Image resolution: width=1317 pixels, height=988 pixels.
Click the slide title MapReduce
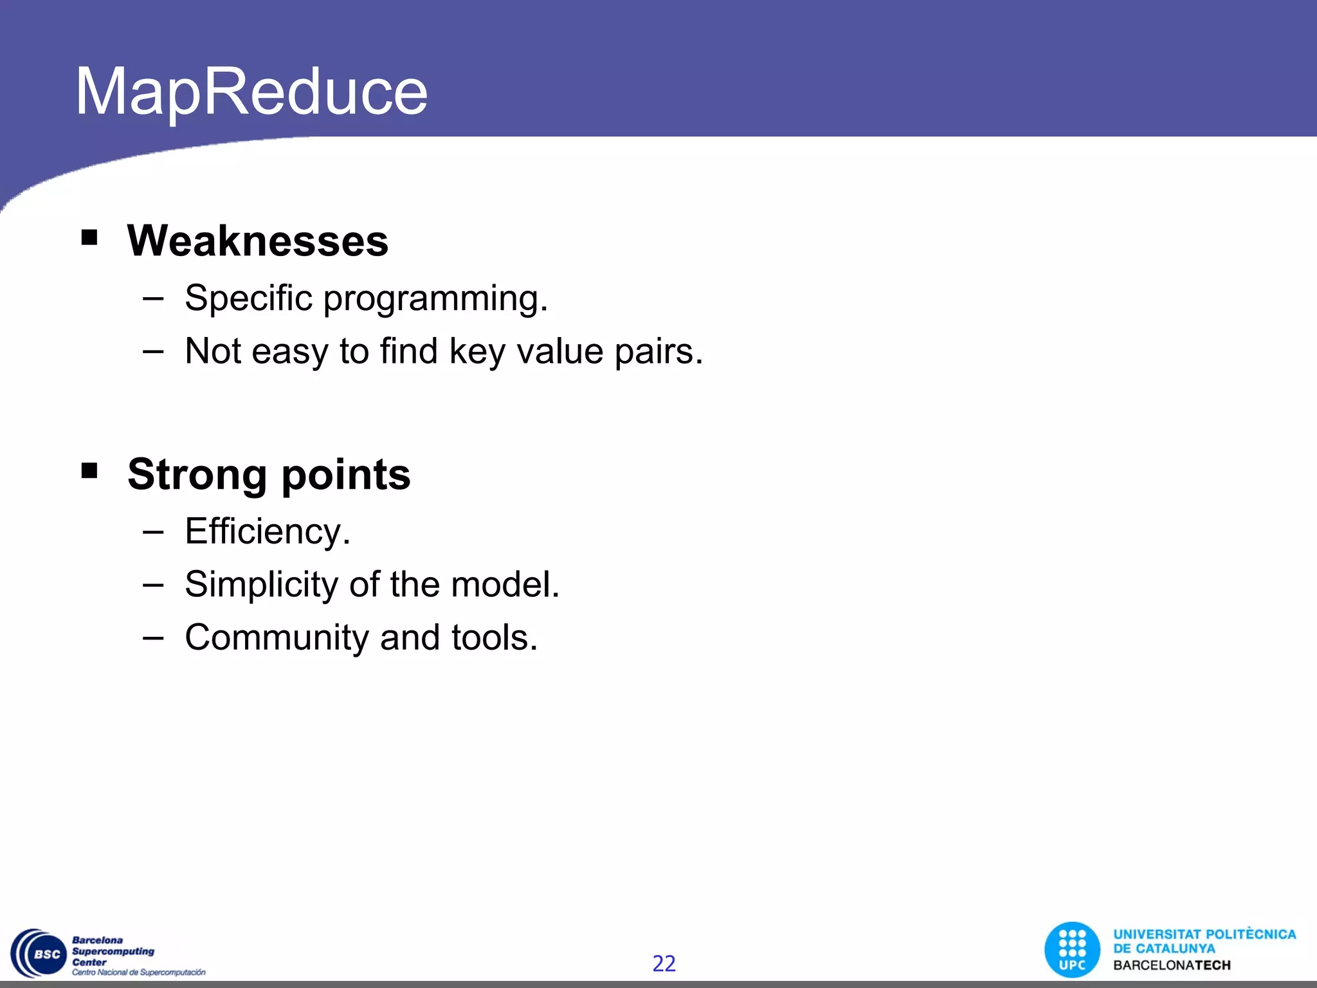coord(251,91)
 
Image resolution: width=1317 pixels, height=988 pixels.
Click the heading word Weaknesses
coord(257,241)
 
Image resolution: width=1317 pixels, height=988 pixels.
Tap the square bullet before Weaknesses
coord(89,238)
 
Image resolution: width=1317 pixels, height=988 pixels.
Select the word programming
coord(435,299)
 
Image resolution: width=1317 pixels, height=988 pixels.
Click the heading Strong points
coord(269,474)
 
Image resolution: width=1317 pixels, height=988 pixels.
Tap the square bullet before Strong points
coord(89,471)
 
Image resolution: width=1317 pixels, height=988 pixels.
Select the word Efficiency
coord(268,532)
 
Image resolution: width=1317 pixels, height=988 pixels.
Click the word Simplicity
coord(262,585)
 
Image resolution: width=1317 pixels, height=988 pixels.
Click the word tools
coord(494,637)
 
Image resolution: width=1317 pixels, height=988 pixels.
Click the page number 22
coord(664,963)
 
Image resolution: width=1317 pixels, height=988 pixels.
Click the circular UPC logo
coord(1072,949)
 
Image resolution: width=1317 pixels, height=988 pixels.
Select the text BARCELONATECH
coord(1172,965)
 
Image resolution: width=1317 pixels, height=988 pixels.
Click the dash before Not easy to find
coord(153,351)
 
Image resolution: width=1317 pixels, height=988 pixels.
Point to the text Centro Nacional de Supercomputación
coord(138,972)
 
